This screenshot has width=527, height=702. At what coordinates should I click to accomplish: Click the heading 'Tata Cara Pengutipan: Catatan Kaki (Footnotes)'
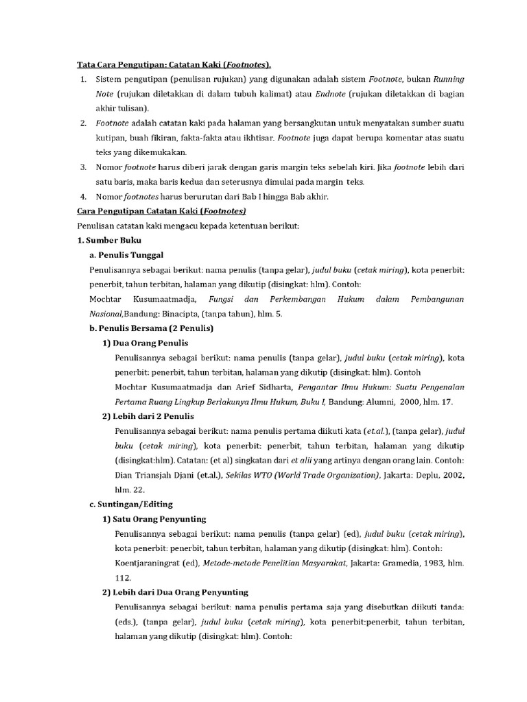coord(173,65)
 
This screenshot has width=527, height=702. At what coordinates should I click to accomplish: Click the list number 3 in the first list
coord(82,167)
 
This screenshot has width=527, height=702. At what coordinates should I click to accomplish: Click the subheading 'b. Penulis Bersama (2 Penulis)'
coord(152,328)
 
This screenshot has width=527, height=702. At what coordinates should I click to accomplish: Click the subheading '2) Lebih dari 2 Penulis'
coord(148,416)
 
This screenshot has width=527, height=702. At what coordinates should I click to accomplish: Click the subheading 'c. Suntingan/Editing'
coord(130,504)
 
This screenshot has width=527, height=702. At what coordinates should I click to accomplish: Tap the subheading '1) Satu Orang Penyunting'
coord(154,519)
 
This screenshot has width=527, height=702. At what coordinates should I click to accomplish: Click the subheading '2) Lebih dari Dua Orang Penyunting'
coord(175,592)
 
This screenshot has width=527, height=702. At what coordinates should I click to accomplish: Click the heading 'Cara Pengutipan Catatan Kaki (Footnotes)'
coord(161,211)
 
